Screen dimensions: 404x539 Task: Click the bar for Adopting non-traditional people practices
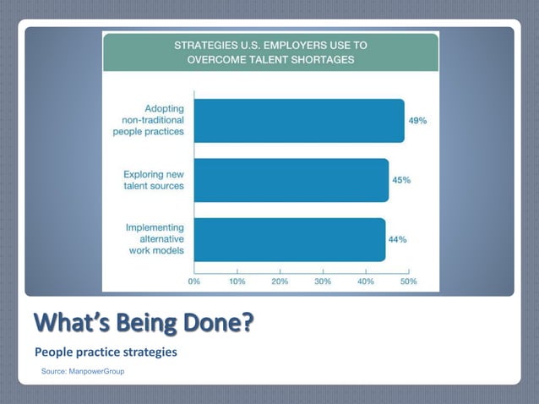tap(299, 121)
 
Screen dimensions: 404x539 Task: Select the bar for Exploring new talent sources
tap(291, 180)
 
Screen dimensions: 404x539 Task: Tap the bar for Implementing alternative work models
tap(290, 239)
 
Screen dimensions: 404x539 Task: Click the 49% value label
tap(417, 121)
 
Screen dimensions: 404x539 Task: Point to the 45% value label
tap(401, 180)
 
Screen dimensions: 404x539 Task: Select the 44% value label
tap(397, 239)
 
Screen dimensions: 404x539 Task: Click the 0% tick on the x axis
tap(193, 281)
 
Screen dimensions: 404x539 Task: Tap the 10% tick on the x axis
tap(237, 281)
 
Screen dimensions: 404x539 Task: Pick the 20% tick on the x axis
tap(280, 281)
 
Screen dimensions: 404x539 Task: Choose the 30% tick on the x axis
tap(323, 281)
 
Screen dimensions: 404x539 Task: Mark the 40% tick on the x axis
tap(366, 281)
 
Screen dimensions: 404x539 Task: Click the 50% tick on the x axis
tap(408, 281)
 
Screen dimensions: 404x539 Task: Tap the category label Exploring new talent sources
tap(155, 180)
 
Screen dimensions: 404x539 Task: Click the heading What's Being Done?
tap(144, 324)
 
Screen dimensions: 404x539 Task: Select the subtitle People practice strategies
tap(106, 352)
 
